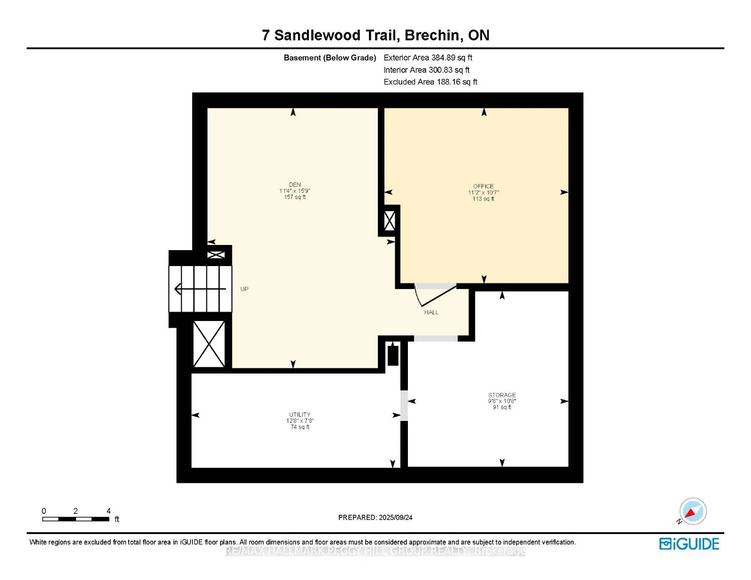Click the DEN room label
point(295,184)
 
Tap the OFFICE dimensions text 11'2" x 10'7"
point(483,192)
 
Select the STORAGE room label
point(502,395)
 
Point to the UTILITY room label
point(299,414)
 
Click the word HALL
point(431,312)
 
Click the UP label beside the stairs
point(244,289)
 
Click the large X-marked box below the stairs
point(209,344)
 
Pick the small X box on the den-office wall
point(390,221)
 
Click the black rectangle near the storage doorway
point(393,355)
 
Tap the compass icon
point(692,511)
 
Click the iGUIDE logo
point(689,544)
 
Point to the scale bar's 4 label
point(108,511)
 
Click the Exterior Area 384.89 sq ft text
point(428,58)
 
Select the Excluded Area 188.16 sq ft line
point(430,82)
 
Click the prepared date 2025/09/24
point(395,518)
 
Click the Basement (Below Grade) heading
point(330,58)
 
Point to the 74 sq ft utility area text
point(300,427)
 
